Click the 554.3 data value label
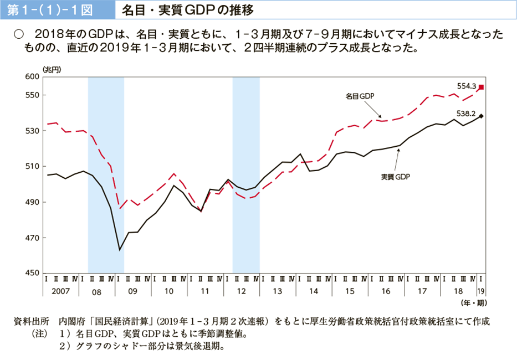pyautogui.click(x=467, y=86)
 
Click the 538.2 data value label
pyautogui.click(x=467, y=114)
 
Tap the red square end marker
pyautogui.click(x=481, y=87)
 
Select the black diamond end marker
pyautogui.click(x=481, y=116)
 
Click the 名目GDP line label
pyautogui.click(x=360, y=96)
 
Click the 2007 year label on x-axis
pyautogui.click(x=60, y=290)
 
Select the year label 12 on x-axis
pyautogui.click(x=241, y=290)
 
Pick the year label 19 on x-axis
pyautogui.click(x=481, y=290)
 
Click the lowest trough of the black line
pyautogui.click(x=120, y=250)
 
